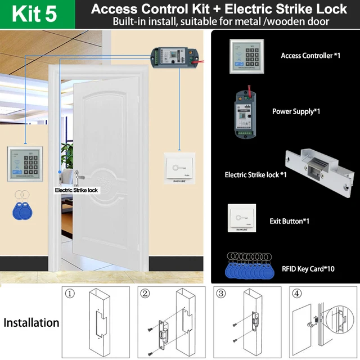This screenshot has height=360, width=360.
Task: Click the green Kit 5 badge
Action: tap(34, 14)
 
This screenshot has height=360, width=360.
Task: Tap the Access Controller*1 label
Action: tap(310, 56)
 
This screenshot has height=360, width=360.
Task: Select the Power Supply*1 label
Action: tap(296, 111)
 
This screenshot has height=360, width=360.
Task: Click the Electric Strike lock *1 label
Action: tap(255, 175)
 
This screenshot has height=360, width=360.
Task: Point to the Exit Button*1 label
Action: tap(289, 221)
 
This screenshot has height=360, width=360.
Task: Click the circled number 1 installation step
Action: tap(70, 293)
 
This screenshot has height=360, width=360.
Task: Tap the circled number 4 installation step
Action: tap(298, 293)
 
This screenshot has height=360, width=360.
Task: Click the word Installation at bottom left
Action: tap(31, 323)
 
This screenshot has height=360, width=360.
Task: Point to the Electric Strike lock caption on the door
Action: tap(76, 190)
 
